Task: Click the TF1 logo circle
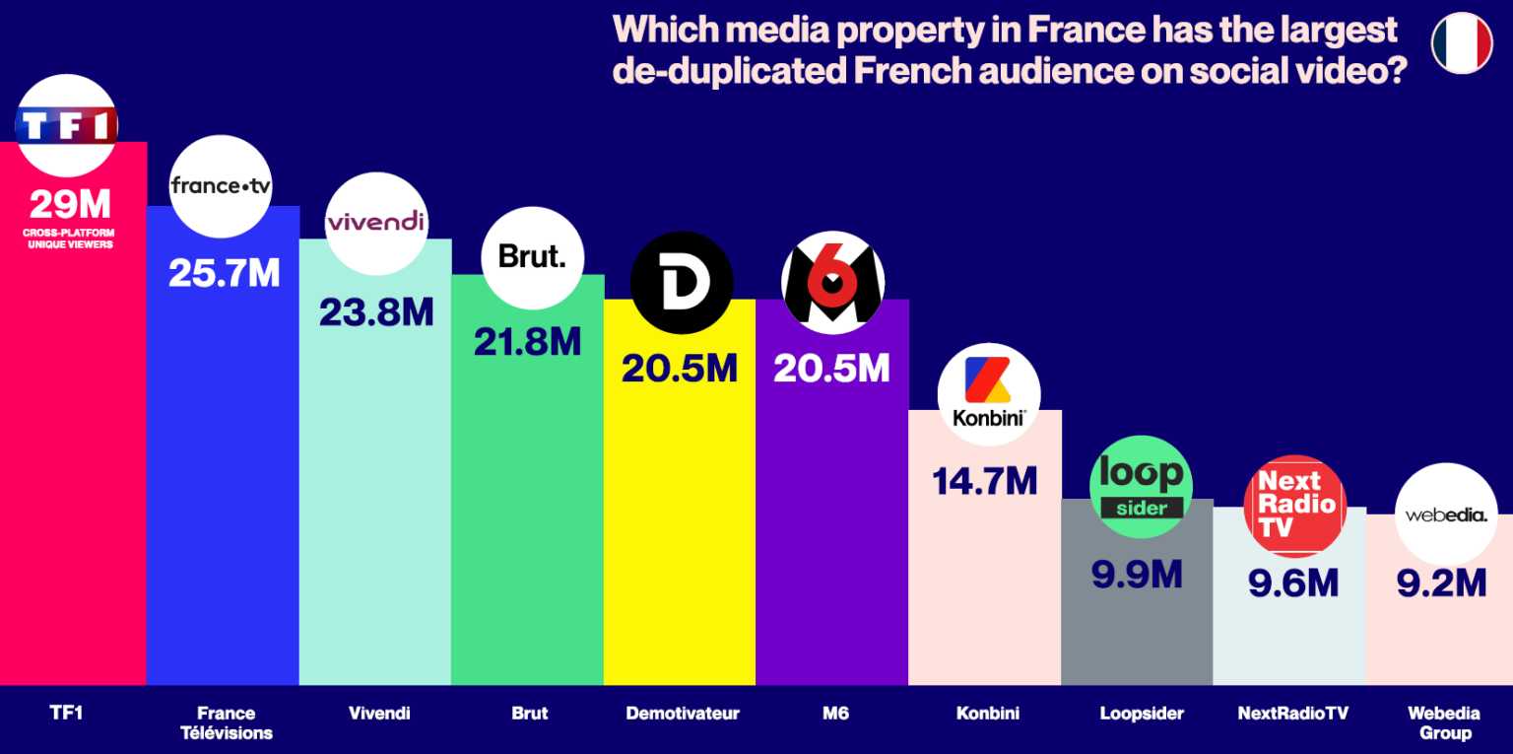point(67,125)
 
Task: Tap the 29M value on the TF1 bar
point(70,205)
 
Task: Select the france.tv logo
point(221,186)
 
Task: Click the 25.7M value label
point(224,273)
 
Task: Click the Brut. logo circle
point(532,257)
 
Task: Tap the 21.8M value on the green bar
point(527,341)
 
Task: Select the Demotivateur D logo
point(682,283)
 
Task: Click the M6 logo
point(832,283)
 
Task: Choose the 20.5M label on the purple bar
point(831,368)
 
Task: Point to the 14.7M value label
point(984,481)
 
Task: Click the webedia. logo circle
point(1445,514)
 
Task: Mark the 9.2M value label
point(1441,583)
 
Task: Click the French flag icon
point(1462,43)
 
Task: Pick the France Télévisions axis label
point(226,722)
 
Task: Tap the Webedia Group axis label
point(1443,722)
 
